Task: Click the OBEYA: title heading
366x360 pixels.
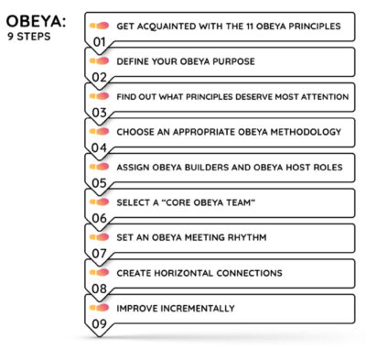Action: pyautogui.click(x=35, y=20)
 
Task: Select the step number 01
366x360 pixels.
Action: pyautogui.click(x=99, y=43)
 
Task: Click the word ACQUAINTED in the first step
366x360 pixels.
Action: pyautogui.click(x=172, y=27)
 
